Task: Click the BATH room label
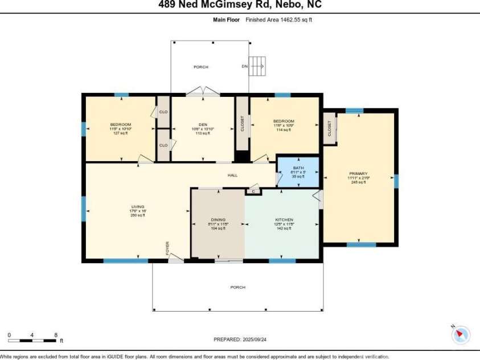298,168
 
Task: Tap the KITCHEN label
284,220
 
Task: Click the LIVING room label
138,207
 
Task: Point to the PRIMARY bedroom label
359,174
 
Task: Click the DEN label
202,125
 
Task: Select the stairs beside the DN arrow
259,66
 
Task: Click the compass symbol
460,334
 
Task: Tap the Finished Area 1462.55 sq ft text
279,19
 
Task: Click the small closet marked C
253,191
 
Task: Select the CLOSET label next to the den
242,124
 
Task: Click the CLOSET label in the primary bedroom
330,129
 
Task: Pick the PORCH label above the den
200,67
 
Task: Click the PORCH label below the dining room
237,287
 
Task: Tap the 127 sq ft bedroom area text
121,133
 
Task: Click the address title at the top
240,5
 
